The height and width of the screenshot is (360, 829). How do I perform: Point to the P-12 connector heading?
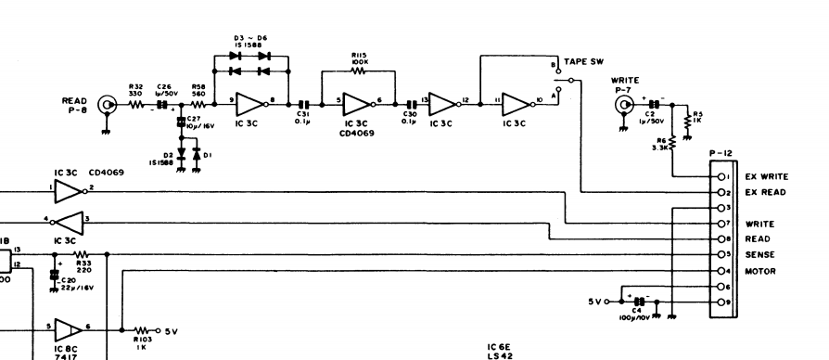pos(721,155)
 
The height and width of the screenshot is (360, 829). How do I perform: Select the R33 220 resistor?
pos(81,253)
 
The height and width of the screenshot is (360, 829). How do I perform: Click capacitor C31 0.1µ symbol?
pos(303,105)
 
